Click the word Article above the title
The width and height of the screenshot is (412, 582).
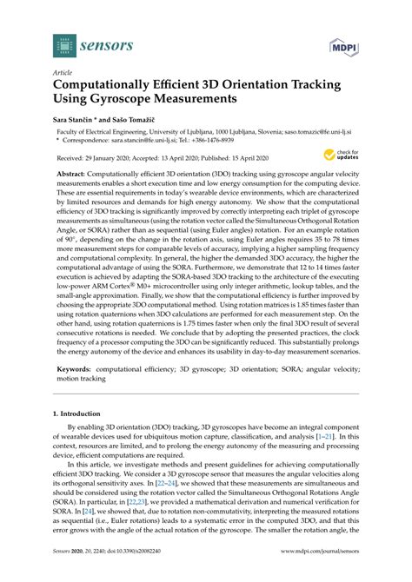coord(63,74)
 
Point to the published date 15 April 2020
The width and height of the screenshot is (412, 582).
coord(265,159)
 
